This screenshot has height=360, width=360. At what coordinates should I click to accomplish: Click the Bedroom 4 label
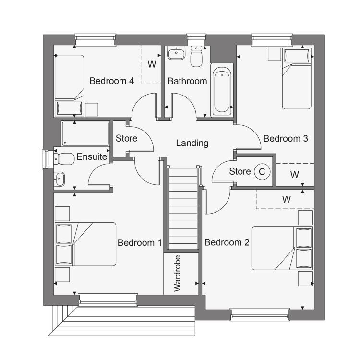(111, 81)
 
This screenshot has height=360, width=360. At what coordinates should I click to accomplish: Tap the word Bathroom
(187, 81)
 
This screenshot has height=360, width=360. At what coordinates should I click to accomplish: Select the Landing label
(192, 143)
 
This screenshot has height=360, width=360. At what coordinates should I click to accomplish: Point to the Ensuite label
(92, 156)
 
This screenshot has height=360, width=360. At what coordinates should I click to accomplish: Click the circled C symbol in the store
(262, 171)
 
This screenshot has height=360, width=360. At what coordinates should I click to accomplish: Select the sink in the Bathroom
(176, 53)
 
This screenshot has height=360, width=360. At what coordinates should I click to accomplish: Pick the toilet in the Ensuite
(64, 159)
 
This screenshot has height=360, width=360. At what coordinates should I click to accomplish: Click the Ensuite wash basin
(59, 179)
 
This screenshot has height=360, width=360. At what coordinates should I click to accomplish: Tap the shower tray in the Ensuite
(85, 134)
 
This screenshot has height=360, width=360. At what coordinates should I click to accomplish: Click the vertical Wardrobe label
(177, 274)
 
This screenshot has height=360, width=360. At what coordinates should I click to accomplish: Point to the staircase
(183, 208)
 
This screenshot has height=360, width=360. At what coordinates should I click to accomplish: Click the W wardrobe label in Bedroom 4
(152, 64)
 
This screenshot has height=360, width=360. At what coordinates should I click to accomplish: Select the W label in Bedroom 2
(287, 199)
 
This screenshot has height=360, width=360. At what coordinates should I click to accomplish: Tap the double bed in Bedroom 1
(85, 244)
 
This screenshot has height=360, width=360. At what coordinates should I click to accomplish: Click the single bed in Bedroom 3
(297, 79)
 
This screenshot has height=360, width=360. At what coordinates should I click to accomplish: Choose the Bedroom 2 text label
(227, 242)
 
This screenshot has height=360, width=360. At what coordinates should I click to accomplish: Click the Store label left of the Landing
(127, 138)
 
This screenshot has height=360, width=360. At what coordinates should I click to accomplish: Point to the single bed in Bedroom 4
(69, 85)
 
